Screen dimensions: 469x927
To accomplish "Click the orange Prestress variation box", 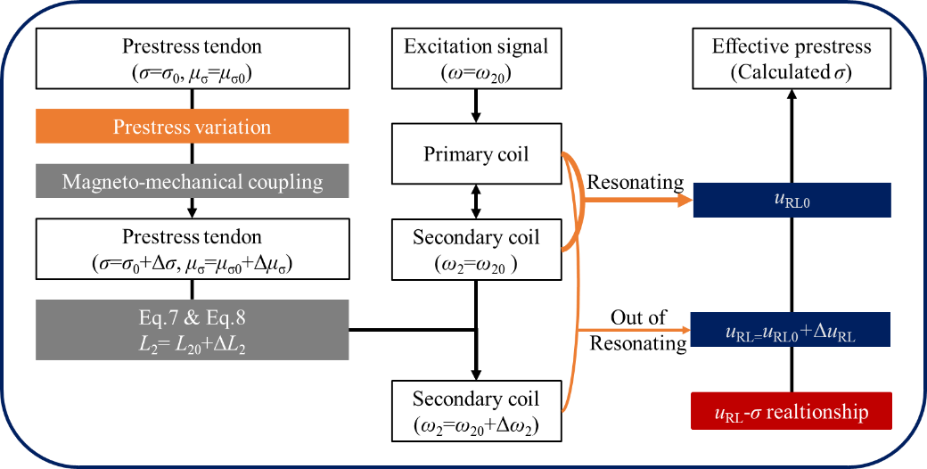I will tap(192, 127).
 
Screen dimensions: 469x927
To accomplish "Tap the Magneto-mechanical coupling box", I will tap(192, 182).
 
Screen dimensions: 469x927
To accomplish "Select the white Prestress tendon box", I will tap(192, 250).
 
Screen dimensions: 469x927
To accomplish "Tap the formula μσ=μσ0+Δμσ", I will tap(240, 264).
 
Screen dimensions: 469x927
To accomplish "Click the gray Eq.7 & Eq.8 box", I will tap(192, 330).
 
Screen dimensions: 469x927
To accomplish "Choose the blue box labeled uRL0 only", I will tap(792, 200).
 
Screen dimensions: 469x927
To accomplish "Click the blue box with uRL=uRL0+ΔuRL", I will tap(790, 330).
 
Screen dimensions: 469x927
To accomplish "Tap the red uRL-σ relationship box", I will tap(791, 411).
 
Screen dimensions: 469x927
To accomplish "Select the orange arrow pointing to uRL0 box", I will tap(637, 201).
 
